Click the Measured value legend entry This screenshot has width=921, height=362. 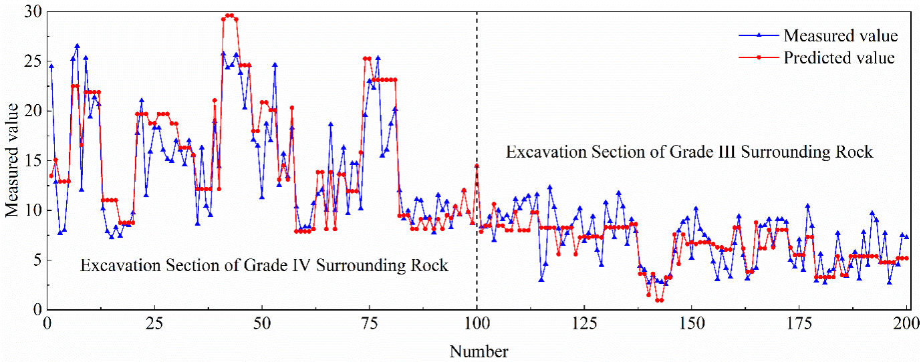point(818,36)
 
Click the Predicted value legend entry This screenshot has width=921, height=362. point(817,58)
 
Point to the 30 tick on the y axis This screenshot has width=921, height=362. point(33,12)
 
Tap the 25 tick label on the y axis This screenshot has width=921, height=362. point(33,61)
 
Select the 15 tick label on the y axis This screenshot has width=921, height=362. point(33,161)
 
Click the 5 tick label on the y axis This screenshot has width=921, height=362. point(37,260)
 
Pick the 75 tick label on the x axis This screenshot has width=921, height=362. point(370,324)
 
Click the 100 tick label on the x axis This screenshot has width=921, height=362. point(477,324)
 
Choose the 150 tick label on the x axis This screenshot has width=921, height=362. point(692,324)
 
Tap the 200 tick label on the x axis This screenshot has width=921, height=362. point(906,324)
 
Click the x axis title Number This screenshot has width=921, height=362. point(479,352)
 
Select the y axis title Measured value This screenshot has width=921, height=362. point(12,160)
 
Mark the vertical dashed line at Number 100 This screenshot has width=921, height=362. point(477,161)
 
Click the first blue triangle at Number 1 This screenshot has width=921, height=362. point(51,65)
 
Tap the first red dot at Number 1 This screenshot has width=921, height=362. point(51,176)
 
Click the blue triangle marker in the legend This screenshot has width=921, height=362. point(759,36)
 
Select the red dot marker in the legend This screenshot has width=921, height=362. point(759,57)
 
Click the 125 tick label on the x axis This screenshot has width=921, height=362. point(584,324)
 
